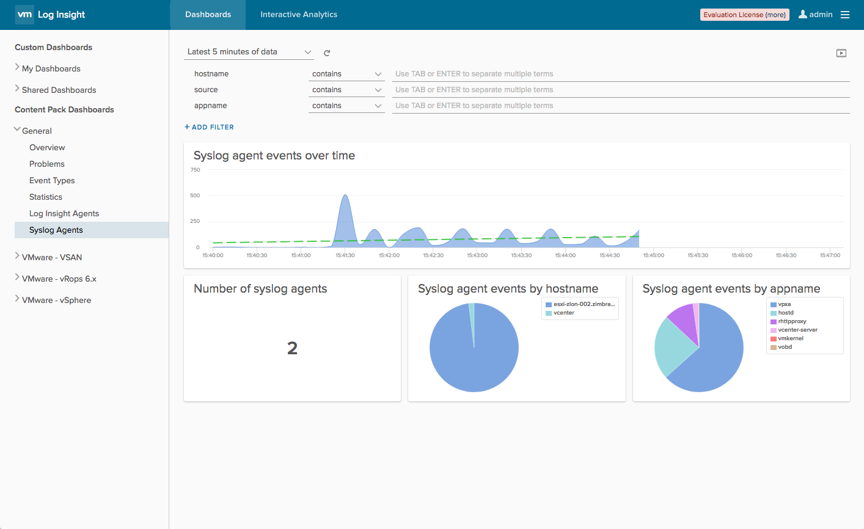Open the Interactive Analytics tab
pyautogui.click(x=299, y=15)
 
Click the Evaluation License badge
pyautogui.click(x=744, y=15)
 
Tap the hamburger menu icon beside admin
pyautogui.click(x=844, y=15)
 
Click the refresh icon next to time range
pyautogui.click(x=327, y=53)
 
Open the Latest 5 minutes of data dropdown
pyautogui.click(x=249, y=52)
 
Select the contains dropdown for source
pyautogui.click(x=346, y=89)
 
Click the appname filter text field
pyautogui.click(x=621, y=106)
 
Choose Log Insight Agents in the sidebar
pyautogui.click(x=64, y=214)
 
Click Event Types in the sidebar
pyautogui.click(x=52, y=180)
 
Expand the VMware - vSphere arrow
pyautogui.click(x=17, y=299)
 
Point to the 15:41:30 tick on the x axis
pyautogui.click(x=345, y=255)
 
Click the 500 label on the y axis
pyautogui.click(x=195, y=195)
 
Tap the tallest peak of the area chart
pyautogui.click(x=345, y=195)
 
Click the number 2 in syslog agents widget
pyautogui.click(x=292, y=348)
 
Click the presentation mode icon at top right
pyautogui.click(x=841, y=53)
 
